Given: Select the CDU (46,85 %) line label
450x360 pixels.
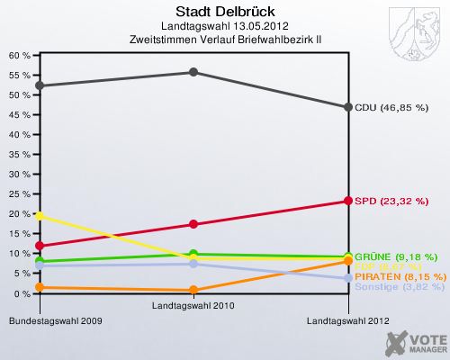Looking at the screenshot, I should [396, 107].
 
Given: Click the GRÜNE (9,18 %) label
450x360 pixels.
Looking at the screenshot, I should [396, 256].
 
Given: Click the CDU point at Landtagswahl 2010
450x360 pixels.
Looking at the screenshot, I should [193, 72].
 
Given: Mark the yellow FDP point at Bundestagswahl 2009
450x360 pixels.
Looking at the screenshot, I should [39, 216].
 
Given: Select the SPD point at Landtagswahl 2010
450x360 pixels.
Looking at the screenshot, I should [193, 224].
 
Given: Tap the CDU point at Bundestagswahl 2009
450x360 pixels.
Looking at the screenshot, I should [39, 85].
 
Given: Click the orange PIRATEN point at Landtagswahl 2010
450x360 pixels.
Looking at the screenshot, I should [193, 291].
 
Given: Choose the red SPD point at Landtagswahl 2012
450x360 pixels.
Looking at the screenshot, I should [347, 201].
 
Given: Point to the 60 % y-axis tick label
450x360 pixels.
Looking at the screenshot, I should [19, 55].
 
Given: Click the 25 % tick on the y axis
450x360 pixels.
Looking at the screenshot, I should [19, 194].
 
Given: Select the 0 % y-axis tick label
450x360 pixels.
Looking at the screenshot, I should [22, 293].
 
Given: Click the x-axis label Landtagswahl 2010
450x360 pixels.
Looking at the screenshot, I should [193, 306].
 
